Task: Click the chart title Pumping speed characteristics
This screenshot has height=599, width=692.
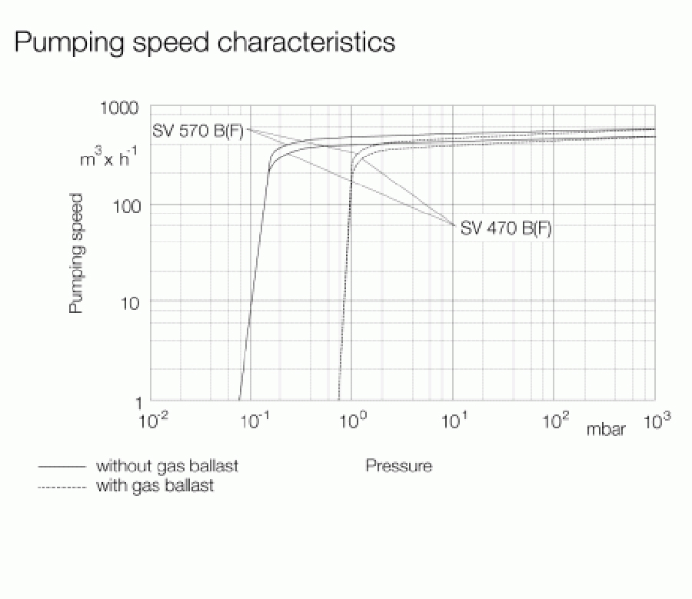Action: pyautogui.click(x=205, y=42)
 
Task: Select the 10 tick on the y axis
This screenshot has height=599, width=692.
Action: pyautogui.click(x=131, y=301)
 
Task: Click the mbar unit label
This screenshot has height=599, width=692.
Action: pyautogui.click(x=606, y=430)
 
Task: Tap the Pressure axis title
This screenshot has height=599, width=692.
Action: pyautogui.click(x=398, y=465)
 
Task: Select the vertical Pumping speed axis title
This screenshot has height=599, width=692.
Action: pyautogui.click(x=76, y=253)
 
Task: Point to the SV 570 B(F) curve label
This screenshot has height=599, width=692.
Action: pyautogui.click(x=198, y=131)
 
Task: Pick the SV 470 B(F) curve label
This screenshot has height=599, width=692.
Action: pyautogui.click(x=505, y=228)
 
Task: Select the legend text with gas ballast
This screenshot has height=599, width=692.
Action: pyautogui.click(x=155, y=486)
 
